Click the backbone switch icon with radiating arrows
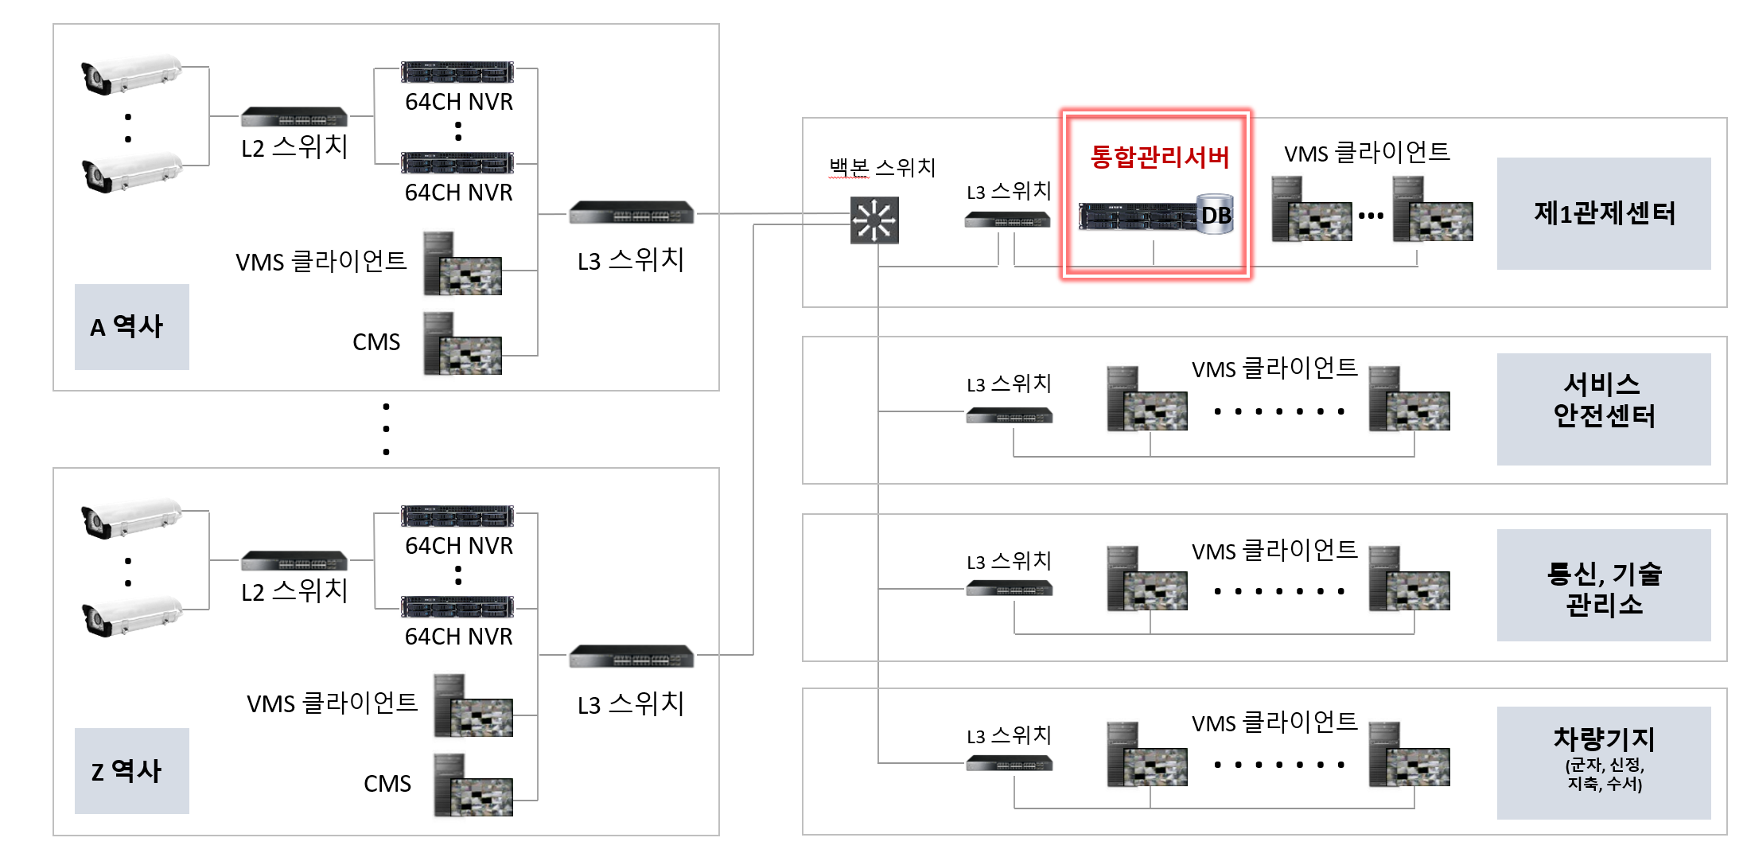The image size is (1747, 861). click(874, 220)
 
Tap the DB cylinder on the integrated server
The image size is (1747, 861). click(1216, 214)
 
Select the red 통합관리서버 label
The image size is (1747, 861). click(1159, 157)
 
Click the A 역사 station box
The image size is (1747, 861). click(132, 326)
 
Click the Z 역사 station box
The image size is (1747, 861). click(132, 770)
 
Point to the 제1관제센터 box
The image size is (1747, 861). click(1603, 213)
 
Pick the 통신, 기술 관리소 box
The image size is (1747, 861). click(1603, 587)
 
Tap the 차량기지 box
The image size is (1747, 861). click(1603, 762)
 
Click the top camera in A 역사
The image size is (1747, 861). click(131, 74)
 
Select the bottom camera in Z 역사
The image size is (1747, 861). click(131, 618)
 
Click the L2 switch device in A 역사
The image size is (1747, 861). click(294, 117)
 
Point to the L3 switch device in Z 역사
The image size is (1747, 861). click(632, 656)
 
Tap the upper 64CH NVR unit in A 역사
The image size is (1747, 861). click(457, 72)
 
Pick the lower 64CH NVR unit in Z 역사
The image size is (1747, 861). click(457, 606)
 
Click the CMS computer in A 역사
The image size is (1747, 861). click(462, 345)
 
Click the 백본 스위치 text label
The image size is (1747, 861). click(882, 168)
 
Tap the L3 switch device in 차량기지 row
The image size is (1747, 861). click(1009, 764)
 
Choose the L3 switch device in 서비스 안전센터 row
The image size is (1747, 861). click(1009, 415)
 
